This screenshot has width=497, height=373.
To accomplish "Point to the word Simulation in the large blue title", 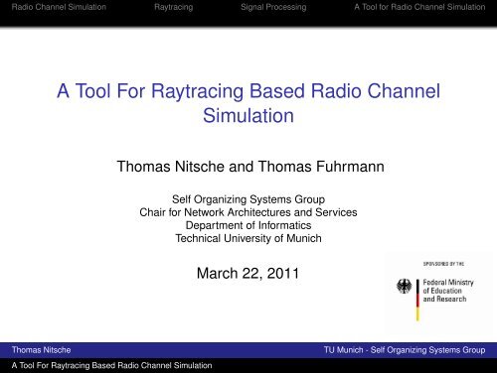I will coord(248,122).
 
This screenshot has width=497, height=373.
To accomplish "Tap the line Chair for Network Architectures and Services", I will coord(248,211).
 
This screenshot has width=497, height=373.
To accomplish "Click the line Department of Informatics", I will coord(248,225).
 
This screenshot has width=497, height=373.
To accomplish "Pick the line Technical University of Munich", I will coord(248,239).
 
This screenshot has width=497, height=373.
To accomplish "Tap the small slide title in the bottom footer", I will coord(108,366).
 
